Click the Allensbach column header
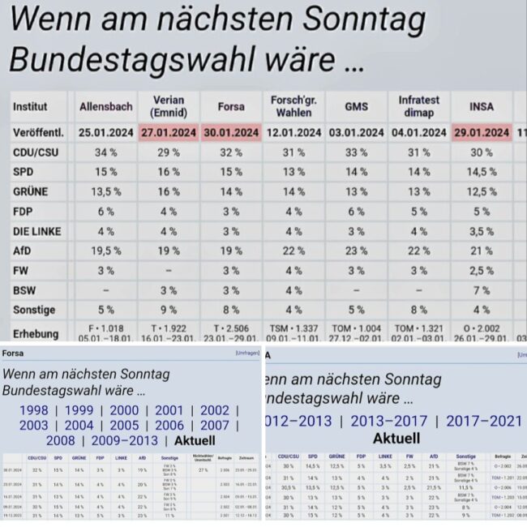coord(106,106)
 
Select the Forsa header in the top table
coord(231,106)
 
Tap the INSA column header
coord(482,106)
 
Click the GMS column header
coord(356,106)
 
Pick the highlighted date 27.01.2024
coord(169,132)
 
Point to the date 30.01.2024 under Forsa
coord(231,132)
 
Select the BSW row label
coord(27,289)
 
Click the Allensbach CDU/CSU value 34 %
coord(106,152)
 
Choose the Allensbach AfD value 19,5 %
coord(106,251)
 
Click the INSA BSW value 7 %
coord(482,289)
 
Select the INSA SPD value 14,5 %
coord(482,172)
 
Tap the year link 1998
coord(33,410)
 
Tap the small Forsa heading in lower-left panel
coord(13,353)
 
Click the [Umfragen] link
coord(247,353)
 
